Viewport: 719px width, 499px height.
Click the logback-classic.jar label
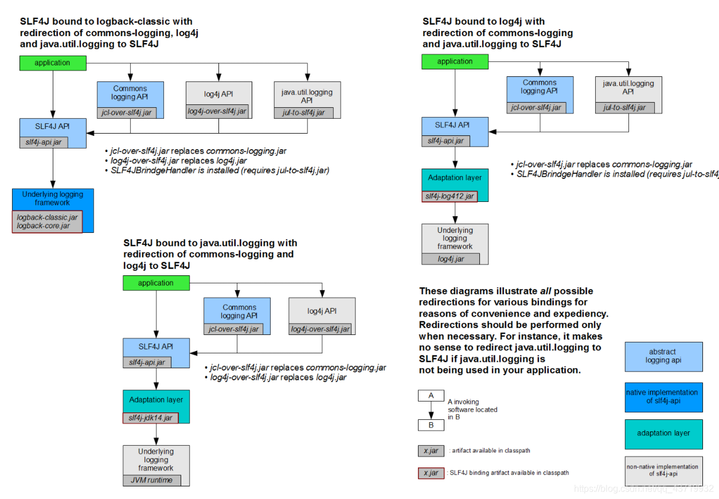47,217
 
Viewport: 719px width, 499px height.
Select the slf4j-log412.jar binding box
450,196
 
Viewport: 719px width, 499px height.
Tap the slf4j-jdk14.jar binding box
151,418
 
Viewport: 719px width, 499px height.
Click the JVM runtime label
151,480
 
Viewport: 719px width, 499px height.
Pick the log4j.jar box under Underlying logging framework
451,259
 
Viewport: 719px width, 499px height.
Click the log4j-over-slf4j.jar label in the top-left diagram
218,111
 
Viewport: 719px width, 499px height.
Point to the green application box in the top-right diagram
455,61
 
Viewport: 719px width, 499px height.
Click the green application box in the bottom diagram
156,283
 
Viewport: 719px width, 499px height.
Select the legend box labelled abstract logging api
663,356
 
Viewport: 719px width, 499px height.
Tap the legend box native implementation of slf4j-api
663,396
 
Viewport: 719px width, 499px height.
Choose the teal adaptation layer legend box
663,434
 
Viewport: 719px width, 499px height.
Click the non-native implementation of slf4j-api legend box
663,470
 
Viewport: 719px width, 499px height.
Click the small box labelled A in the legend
431,395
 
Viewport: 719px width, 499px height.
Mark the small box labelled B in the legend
431,425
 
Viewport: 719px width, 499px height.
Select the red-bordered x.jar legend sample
431,473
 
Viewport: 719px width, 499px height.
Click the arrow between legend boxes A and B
431,410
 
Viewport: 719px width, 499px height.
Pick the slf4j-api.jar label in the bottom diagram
147,362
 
